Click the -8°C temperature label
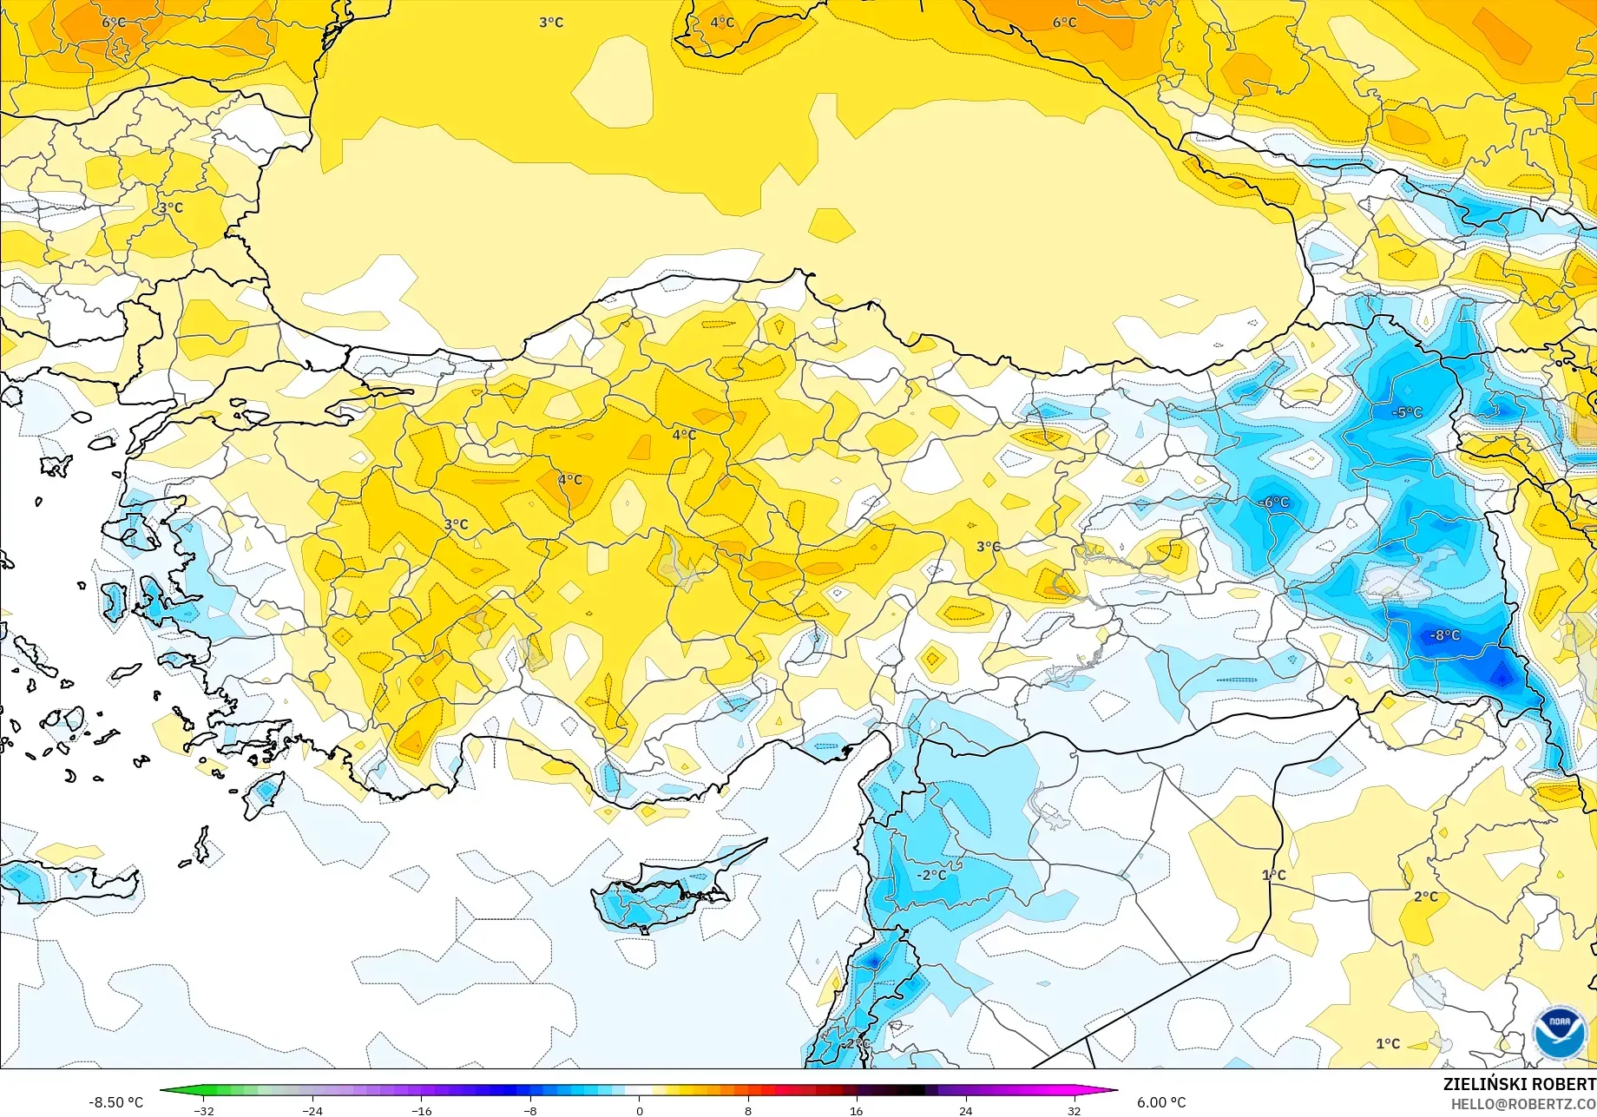[1445, 635]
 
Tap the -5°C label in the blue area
[1407, 412]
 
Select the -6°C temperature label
[1274, 503]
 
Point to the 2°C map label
[1425, 897]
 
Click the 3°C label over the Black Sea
[551, 23]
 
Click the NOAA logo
[1559, 1032]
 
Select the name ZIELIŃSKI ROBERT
[1519, 1084]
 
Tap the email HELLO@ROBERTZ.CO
[1523, 1103]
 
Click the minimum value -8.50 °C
[115, 1102]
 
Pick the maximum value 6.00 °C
[1161, 1102]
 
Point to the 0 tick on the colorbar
[640, 1111]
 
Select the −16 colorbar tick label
[421, 1111]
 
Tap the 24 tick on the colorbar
[965, 1111]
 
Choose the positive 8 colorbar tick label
[748, 1111]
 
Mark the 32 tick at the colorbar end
[1075, 1111]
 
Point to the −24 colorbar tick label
[312, 1111]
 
